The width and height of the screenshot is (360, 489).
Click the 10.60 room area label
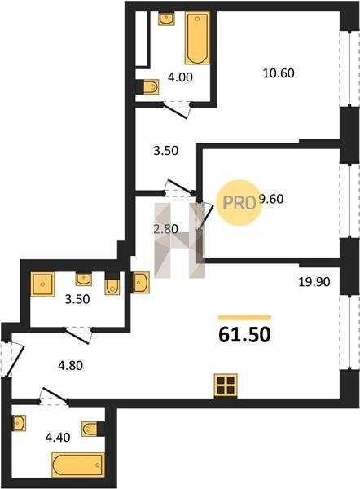[279, 73]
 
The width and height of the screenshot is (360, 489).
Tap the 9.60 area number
[271, 199]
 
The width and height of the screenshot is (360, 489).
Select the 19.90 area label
[314, 282]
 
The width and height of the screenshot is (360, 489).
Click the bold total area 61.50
[244, 335]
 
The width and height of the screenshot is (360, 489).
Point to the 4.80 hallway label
[70, 365]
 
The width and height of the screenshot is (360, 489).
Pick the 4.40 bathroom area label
[58, 438]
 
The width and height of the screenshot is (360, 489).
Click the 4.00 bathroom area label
[180, 77]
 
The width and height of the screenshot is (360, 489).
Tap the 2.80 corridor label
[166, 229]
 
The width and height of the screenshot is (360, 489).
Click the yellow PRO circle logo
[239, 203]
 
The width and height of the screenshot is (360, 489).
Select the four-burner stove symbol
[226, 385]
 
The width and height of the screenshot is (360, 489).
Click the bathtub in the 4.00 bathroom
[197, 38]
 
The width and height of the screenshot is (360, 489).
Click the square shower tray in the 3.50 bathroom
[42, 284]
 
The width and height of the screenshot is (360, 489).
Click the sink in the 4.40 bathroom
[19, 423]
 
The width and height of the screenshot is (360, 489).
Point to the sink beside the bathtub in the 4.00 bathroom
[166, 19]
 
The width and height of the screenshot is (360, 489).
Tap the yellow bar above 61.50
[244, 318]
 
